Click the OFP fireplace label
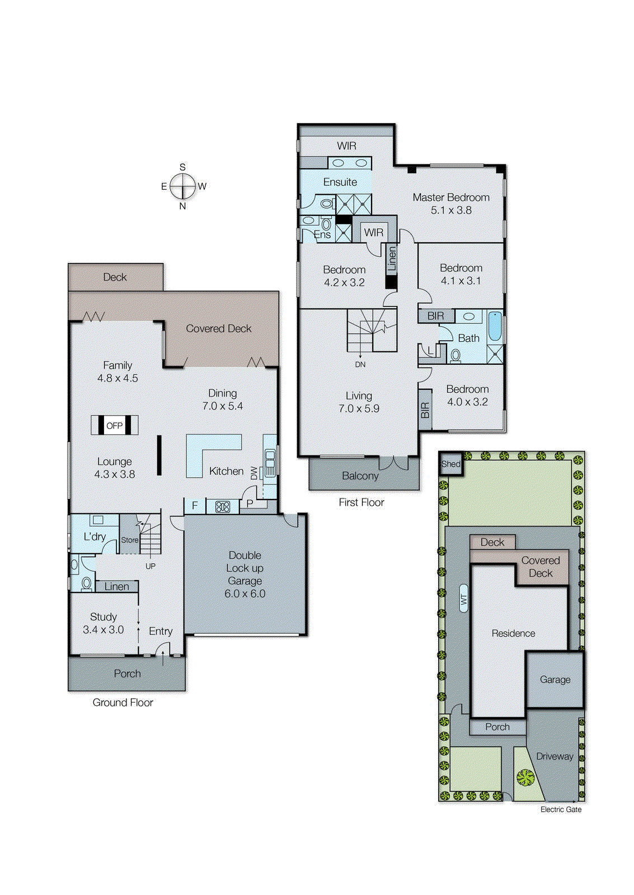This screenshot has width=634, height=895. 114,426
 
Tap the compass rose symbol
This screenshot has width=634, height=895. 182,186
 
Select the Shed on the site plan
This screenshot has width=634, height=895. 451,464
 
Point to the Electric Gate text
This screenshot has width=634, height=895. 561,809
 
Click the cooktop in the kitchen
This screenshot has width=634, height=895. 223,507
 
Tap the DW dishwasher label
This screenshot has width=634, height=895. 254,473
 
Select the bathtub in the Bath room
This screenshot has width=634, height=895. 495,327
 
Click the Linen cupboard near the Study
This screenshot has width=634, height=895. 116,586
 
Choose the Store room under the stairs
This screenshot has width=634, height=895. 129,540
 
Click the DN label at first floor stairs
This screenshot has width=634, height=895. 360,364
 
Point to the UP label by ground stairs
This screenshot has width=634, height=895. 151,566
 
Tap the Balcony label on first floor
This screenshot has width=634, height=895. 360,476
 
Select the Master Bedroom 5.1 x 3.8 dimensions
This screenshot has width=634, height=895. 451,210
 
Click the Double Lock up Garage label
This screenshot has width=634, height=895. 245,574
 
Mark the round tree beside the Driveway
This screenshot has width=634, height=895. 525,778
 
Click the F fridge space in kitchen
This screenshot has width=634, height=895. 195,506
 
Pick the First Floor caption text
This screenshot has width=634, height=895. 361,502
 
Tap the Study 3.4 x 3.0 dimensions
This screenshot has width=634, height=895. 104,630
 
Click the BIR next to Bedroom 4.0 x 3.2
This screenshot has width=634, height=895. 425,410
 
